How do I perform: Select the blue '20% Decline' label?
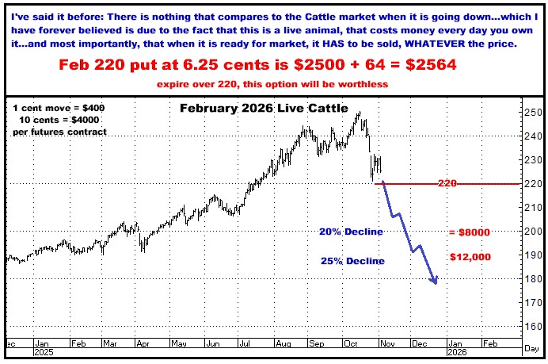[351, 232]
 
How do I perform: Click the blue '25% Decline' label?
[352, 261]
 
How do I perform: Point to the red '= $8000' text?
[470, 232]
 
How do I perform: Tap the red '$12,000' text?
[470, 257]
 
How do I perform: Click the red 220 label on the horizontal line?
[448, 183]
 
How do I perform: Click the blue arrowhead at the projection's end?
[435, 280]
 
